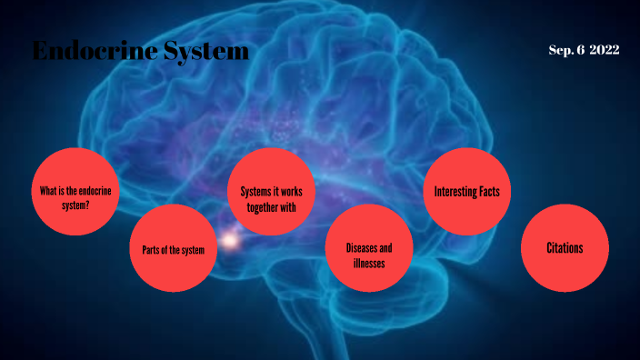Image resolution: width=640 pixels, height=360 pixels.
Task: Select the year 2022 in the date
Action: pos(604,50)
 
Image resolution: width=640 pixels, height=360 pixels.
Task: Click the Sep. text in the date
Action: pos(560,50)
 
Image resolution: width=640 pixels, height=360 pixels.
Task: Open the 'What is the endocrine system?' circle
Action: pos(75,197)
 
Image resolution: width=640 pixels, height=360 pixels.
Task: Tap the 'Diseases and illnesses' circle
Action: pos(369,248)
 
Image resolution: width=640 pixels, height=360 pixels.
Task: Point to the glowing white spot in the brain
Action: pos(230,242)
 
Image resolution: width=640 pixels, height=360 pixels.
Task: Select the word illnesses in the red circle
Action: pos(369,264)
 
